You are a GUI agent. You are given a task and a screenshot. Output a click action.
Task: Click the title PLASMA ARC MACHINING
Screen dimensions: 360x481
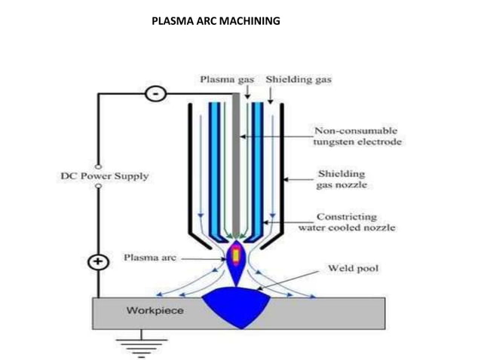(x=216, y=20)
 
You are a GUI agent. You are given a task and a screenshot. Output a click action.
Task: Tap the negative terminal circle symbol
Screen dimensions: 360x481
(x=155, y=95)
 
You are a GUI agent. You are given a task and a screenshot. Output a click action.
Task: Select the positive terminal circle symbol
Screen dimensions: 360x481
(x=98, y=263)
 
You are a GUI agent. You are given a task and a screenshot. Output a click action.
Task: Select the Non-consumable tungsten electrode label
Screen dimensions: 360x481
(x=357, y=136)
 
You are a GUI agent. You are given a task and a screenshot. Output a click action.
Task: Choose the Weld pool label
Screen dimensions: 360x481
(x=352, y=268)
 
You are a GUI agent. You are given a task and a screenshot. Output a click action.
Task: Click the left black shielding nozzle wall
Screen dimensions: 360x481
(x=188, y=166)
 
